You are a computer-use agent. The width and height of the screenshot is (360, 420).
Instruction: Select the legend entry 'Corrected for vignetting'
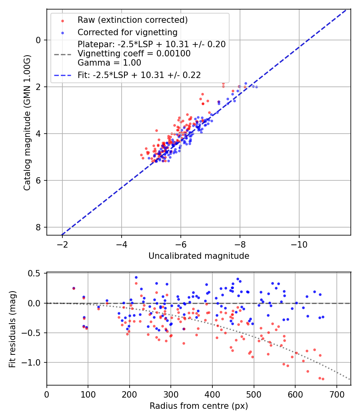[128, 32]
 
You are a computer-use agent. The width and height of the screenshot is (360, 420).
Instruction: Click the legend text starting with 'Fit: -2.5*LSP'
[139, 75]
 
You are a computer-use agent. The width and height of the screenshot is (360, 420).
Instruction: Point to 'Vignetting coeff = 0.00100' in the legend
[134, 54]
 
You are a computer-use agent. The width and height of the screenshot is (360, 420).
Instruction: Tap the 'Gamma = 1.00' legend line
[110, 63]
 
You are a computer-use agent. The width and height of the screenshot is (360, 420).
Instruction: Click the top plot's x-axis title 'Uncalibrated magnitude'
[199, 256]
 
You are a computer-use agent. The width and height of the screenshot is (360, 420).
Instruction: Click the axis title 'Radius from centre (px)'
[199, 406]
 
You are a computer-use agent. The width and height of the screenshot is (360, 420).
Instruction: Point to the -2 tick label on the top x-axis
[62, 245]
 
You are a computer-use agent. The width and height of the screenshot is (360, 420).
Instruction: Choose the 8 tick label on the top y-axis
[38, 227]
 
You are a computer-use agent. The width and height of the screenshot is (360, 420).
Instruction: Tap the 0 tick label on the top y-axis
[38, 40]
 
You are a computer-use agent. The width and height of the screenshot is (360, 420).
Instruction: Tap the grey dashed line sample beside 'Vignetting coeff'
[62, 54]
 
